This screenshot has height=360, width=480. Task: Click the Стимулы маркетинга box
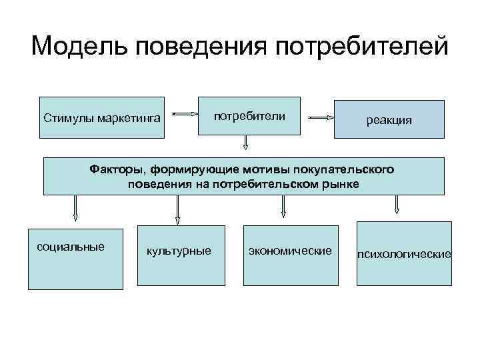coord(101,119)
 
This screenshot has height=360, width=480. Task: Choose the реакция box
coord(389,119)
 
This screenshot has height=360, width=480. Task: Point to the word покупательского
coord(353,169)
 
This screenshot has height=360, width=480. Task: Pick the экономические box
coord(289,256)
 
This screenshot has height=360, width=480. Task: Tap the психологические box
coord(404,254)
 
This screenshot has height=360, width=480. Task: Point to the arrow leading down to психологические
coord(397,205)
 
